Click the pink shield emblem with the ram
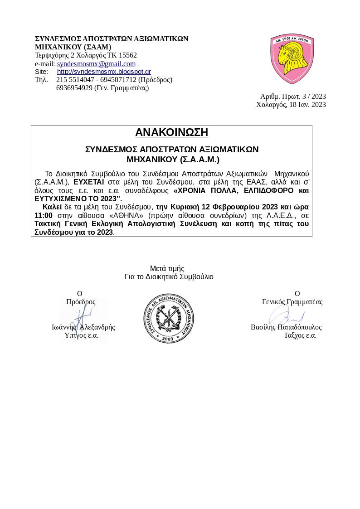tap(292, 58)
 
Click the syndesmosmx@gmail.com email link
tap(96, 64)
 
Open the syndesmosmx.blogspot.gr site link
tap(104, 72)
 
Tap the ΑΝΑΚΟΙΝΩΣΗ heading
tap(171, 132)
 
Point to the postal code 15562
tap(128, 55)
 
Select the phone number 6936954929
tap(74, 88)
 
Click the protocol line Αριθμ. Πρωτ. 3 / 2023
tap(293, 97)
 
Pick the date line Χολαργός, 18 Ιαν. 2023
tap(291, 105)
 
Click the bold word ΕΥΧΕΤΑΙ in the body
tap(89, 182)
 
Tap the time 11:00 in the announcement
tap(44, 215)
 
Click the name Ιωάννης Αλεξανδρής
tap(83, 327)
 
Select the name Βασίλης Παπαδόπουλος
tap(286, 327)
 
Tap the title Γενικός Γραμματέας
tap(292, 302)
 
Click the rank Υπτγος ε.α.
tap(81, 335)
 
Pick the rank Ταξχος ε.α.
tap(300, 335)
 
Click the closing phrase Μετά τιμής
tap(167, 269)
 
